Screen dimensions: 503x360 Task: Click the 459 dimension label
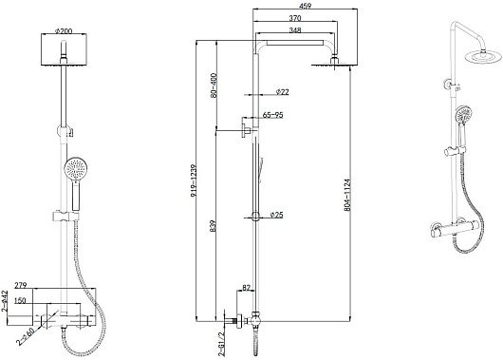click(x=305, y=6)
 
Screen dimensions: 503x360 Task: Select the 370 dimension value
click(x=295, y=18)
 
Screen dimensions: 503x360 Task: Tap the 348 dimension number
click(x=295, y=30)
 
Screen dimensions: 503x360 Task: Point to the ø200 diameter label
click(x=64, y=31)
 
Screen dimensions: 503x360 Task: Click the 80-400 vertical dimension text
click(x=214, y=85)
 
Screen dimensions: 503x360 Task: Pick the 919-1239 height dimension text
click(x=194, y=180)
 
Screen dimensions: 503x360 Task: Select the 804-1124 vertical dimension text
click(x=347, y=195)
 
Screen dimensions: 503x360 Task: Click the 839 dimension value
click(x=214, y=226)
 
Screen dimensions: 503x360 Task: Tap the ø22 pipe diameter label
click(x=282, y=92)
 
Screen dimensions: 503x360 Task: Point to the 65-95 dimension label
click(x=272, y=115)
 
